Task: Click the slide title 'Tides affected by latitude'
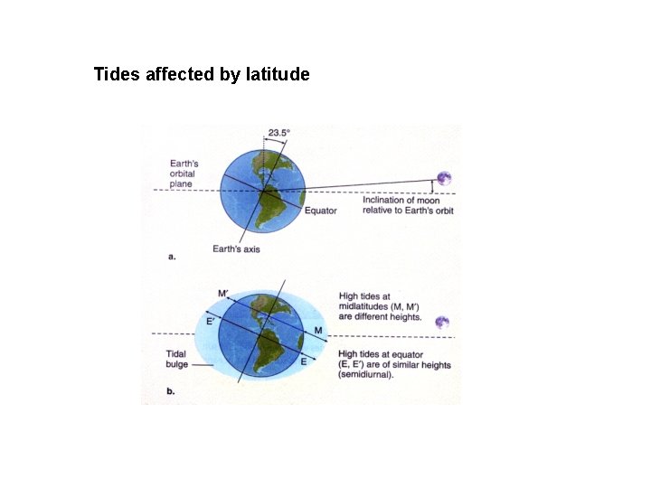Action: tap(202, 74)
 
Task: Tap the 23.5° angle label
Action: tap(278, 133)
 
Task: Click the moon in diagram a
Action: tap(443, 179)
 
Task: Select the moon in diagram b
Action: tap(442, 323)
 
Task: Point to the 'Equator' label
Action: tap(320, 211)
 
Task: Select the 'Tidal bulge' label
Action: tap(176, 360)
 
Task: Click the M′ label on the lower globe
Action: tap(222, 294)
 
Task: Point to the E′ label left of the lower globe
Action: tap(210, 321)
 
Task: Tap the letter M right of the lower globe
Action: tap(317, 331)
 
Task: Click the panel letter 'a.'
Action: tap(172, 257)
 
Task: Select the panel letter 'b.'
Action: tap(172, 391)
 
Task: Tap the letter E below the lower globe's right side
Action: tap(304, 361)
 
